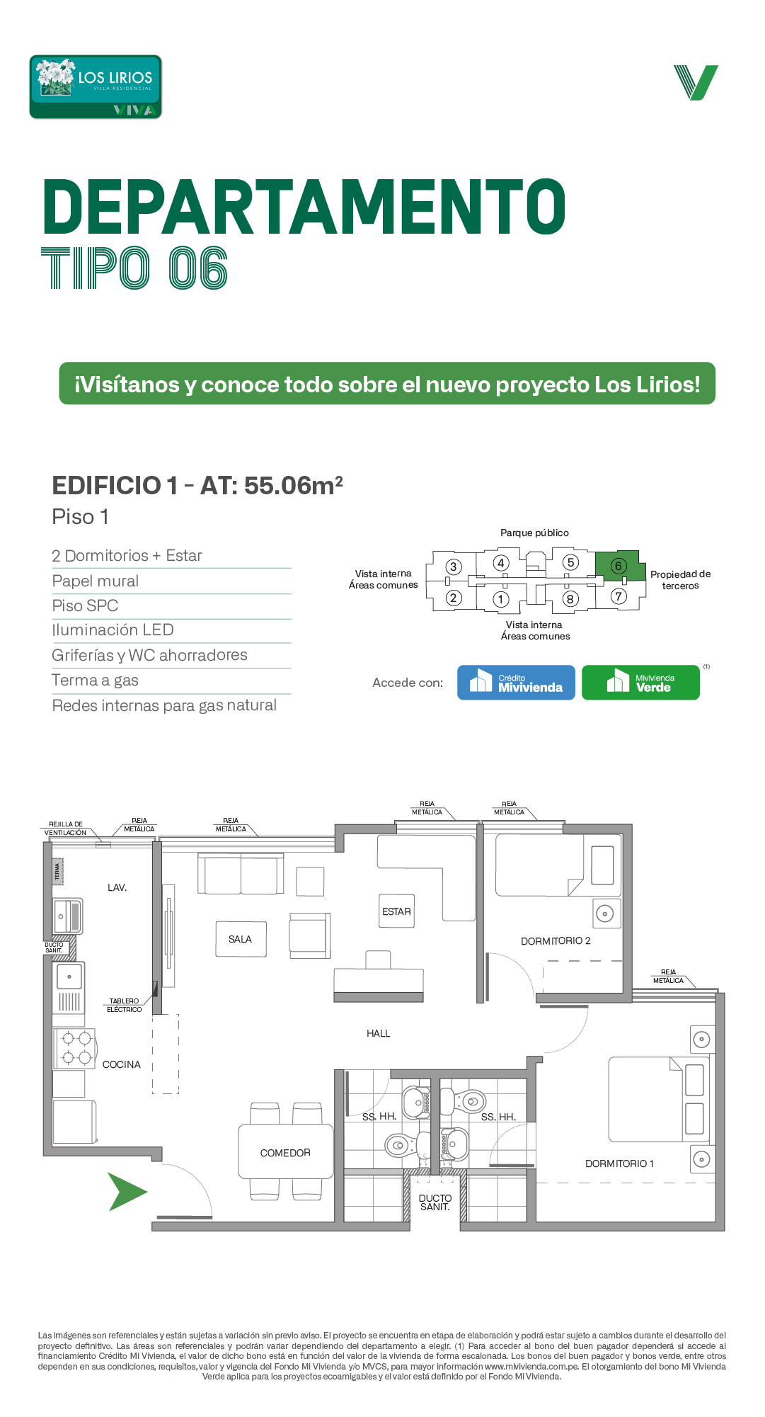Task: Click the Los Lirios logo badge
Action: [x=96, y=87]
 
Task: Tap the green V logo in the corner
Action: [x=696, y=82]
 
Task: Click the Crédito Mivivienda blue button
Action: [x=516, y=683]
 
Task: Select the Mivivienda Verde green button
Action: [x=640, y=683]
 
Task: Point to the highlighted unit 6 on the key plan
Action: [x=619, y=566]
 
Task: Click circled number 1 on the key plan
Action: [x=501, y=599]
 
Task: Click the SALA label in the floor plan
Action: [x=240, y=939]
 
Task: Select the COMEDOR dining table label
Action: [x=285, y=1153]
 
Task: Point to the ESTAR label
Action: [x=396, y=911]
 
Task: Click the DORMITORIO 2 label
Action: [x=556, y=941]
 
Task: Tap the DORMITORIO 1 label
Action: [x=619, y=1163]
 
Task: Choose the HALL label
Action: [x=379, y=1034]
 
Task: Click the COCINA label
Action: [x=122, y=1064]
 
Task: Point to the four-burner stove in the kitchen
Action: [x=76, y=1049]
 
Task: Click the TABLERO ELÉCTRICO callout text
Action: [x=125, y=1006]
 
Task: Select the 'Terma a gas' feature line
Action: [x=96, y=681]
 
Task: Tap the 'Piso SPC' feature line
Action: [x=85, y=606]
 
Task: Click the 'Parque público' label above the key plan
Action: [x=534, y=533]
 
